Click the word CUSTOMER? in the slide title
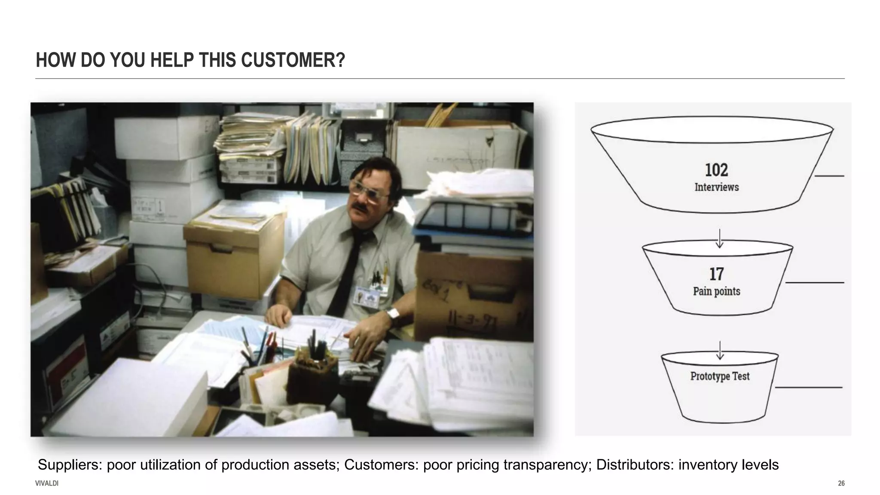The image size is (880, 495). (293, 60)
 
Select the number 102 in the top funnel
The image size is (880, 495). (716, 170)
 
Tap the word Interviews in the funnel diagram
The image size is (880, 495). (717, 187)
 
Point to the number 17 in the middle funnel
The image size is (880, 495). (716, 274)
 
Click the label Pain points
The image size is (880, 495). (716, 291)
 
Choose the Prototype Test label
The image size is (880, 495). (720, 376)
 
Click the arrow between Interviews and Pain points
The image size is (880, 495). (719, 238)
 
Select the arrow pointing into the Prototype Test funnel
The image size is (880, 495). (719, 350)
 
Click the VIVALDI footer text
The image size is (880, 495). (47, 483)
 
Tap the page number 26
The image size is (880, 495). (841, 483)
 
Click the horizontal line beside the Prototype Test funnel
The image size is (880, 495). (809, 388)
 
